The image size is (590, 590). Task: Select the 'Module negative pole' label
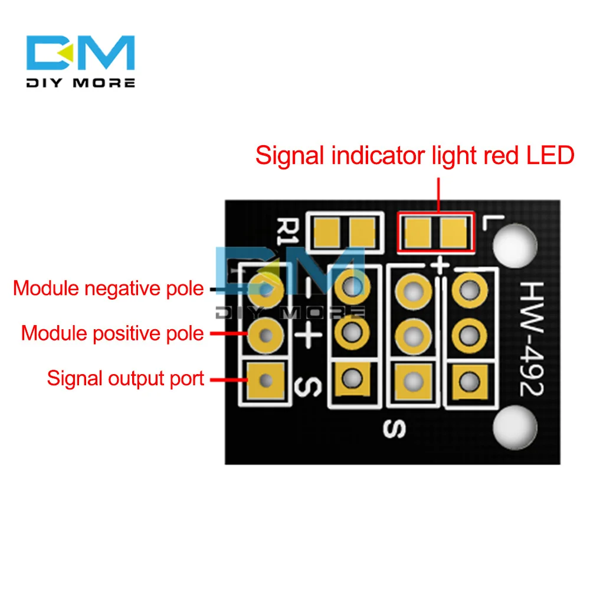pyautogui.click(x=108, y=289)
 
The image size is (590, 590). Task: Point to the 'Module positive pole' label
pyautogui.click(x=112, y=333)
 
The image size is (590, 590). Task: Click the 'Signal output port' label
pyautogui.click(x=125, y=378)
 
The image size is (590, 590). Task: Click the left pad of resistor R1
pyautogui.click(x=326, y=231)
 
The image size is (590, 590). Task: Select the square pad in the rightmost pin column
pyautogui.click(x=470, y=379)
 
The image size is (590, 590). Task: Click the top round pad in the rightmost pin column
pyautogui.click(x=470, y=289)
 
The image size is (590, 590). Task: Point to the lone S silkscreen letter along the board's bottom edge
pyautogui.click(x=392, y=429)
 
